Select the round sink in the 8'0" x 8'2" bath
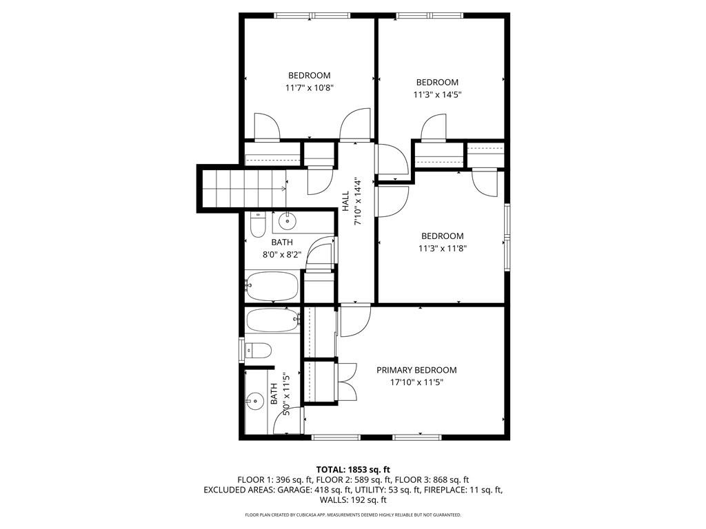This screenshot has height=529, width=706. (x=287, y=222)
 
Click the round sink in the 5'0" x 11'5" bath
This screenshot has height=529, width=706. (x=256, y=400)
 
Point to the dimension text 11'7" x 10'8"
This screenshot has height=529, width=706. (x=310, y=88)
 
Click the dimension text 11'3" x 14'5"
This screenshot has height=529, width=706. (x=436, y=95)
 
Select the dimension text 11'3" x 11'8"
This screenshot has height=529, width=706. (x=442, y=249)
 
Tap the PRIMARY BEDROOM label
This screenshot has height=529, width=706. (x=416, y=370)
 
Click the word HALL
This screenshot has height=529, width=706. (x=345, y=200)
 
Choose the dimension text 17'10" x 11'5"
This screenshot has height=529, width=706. (x=416, y=382)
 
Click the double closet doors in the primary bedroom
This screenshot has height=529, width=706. (x=347, y=382)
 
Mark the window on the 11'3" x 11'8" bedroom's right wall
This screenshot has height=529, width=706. (x=507, y=237)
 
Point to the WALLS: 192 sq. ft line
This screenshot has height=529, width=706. (x=352, y=500)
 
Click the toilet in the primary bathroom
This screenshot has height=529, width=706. (x=257, y=350)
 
